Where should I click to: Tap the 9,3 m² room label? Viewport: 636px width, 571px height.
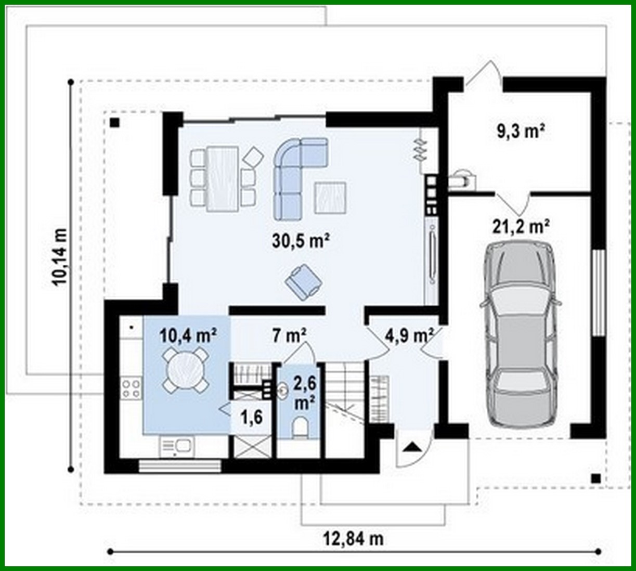tap(521, 131)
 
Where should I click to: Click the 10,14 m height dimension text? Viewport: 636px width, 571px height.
tap(60, 257)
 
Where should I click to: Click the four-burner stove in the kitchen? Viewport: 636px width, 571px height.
tap(131, 387)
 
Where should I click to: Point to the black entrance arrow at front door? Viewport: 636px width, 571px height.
tap(411, 446)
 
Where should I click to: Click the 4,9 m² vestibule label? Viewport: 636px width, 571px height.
tap(409, 336)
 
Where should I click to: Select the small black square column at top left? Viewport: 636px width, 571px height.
tap(115, 123)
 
